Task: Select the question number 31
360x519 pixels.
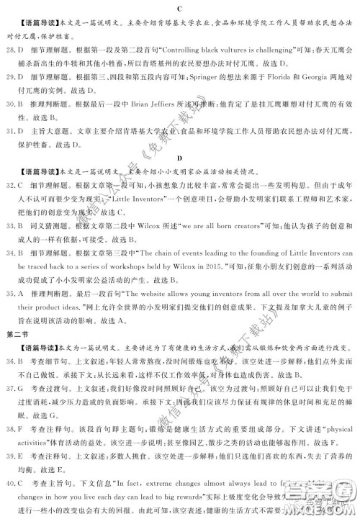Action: pyautogui.click(x=10, y=132)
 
